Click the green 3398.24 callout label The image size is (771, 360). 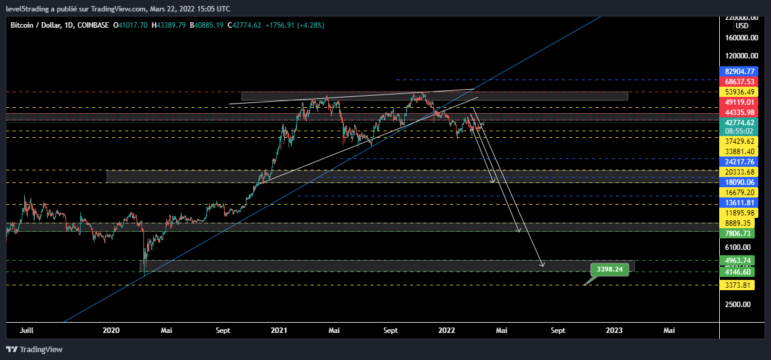[x=610, y=269]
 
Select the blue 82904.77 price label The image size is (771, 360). [x=740, y=71]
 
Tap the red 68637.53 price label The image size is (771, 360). [x=740, y=81]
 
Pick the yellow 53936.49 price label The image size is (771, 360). [x=740, y=92]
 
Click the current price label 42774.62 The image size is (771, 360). [x=740, y=122]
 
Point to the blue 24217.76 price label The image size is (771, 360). [x=740, y=161]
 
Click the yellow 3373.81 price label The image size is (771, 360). [x=738, y=285]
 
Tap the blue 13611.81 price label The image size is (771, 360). [x=740, y=203]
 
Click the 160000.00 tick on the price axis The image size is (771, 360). [x=741, y=37]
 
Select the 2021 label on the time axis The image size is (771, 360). [x=279, y=330]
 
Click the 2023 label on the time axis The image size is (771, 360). [x=614, y=330]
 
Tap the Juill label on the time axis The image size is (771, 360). [x=27, y=330]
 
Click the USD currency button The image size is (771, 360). [x=742, y=26]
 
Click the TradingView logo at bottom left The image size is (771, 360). [x=34, y=349]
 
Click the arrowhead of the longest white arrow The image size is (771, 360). [x=542, y=265]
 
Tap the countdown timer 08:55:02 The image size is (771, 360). [x=740, y=131]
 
